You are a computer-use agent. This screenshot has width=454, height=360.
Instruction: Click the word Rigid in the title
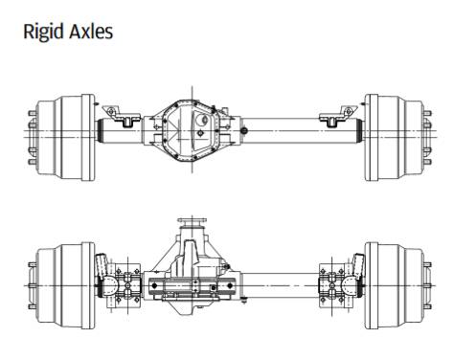pos(44,32)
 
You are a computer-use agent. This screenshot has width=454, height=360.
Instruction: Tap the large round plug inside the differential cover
pos(202,120)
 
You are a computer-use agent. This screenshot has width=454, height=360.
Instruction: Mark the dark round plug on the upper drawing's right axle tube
pos(244,130)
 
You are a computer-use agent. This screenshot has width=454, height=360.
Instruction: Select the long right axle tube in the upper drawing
pos(302,131)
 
